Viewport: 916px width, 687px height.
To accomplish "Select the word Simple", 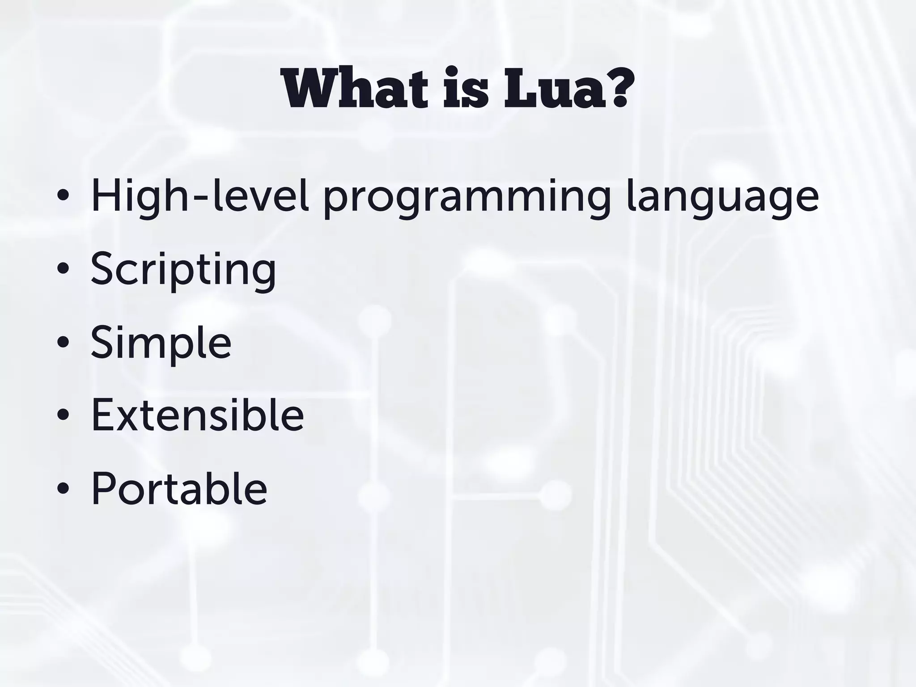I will tap(161, 343).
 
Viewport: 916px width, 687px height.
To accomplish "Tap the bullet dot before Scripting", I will tap(63, 268).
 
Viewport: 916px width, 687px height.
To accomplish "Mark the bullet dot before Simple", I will tap(63, 342).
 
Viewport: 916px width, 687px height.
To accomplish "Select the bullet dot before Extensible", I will tap(63, 415).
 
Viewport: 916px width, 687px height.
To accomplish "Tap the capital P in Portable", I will tap(106, 488).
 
